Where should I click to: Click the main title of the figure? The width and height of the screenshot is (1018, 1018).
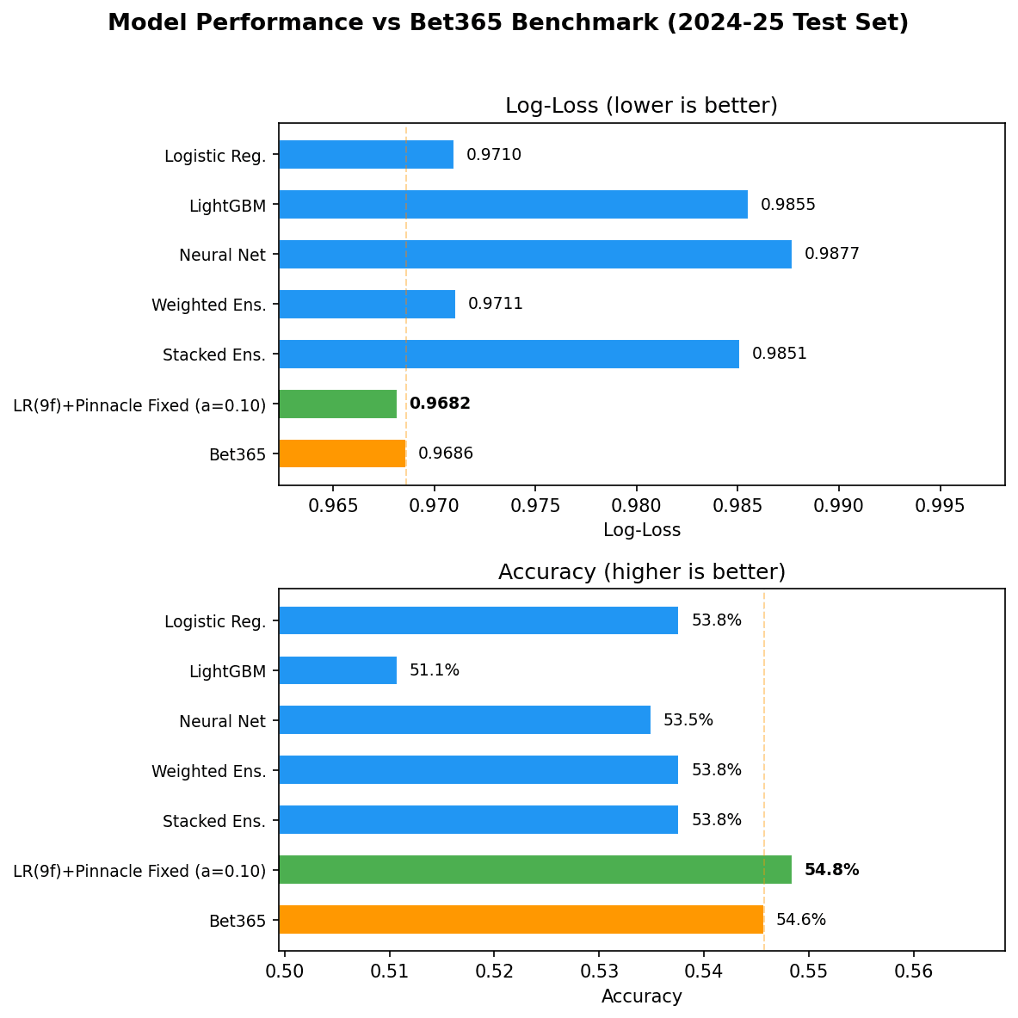pos(508,23)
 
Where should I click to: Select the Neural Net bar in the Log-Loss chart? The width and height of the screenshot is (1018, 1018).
pos(534,254)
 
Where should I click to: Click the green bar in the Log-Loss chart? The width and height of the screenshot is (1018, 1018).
pos(337,404)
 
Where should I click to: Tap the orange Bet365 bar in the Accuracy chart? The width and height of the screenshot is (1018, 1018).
pos(521,919)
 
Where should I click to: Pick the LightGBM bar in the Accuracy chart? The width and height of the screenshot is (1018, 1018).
pos(337,670)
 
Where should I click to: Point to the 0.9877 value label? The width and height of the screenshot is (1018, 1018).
pos(831,254)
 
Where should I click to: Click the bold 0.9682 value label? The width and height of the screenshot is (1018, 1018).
pos(440,404)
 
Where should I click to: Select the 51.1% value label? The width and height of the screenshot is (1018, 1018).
pos(434,670)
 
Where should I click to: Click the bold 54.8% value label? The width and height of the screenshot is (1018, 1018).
pos(831,870)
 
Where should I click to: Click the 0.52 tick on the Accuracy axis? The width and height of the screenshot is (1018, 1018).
pos(494,972)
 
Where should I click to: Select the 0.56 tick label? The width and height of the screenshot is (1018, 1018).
pos(914,972)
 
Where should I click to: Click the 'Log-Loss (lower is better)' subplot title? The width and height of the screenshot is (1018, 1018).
pos(641,106)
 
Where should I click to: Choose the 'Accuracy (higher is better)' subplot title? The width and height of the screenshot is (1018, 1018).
pos(641,572)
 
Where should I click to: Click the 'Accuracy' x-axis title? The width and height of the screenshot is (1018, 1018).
pos(641,996)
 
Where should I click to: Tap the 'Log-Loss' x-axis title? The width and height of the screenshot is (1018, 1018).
pos(641,530)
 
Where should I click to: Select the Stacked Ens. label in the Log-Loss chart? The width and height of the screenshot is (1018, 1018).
pos(214,355)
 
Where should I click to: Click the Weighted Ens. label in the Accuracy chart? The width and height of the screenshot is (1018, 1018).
pos(208,771)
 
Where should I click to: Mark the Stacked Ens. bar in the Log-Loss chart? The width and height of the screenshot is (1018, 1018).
pos(509,354)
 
